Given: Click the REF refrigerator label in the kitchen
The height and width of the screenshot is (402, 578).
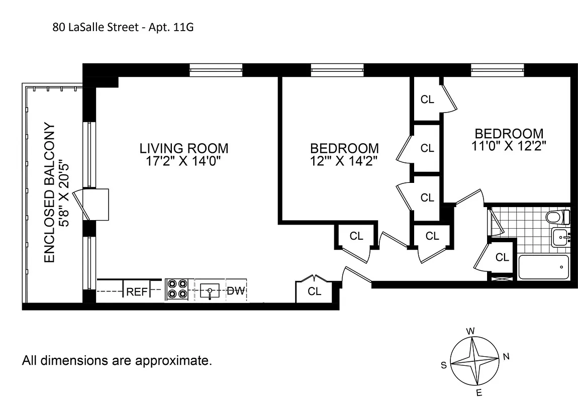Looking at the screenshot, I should click(x=137, y=291).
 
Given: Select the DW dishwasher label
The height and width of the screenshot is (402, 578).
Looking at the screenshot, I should click(x=235, y=291).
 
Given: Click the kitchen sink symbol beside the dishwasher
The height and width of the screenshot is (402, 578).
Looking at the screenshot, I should click(x=210, y=290).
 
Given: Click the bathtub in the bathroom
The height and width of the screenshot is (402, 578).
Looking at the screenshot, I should click(x=543, y=267).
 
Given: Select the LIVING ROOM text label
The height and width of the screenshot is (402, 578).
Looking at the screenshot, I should click(x=183, y=149).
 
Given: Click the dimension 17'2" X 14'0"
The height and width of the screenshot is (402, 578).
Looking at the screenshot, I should click(x=183, y=161).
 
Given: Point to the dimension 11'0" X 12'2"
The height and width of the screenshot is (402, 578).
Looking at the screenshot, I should click(x=509, y=146).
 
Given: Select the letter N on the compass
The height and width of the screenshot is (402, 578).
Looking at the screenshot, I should click(x=506, y=357).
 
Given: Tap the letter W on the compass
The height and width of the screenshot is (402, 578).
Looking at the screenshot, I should click(x=471, y=331).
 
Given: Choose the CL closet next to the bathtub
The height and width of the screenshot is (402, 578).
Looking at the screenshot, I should click(x=502, y=257).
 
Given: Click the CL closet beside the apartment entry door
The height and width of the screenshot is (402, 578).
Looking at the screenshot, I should click(x=314, y=291).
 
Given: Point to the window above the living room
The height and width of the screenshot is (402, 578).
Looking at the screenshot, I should click(x=216, y=70).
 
